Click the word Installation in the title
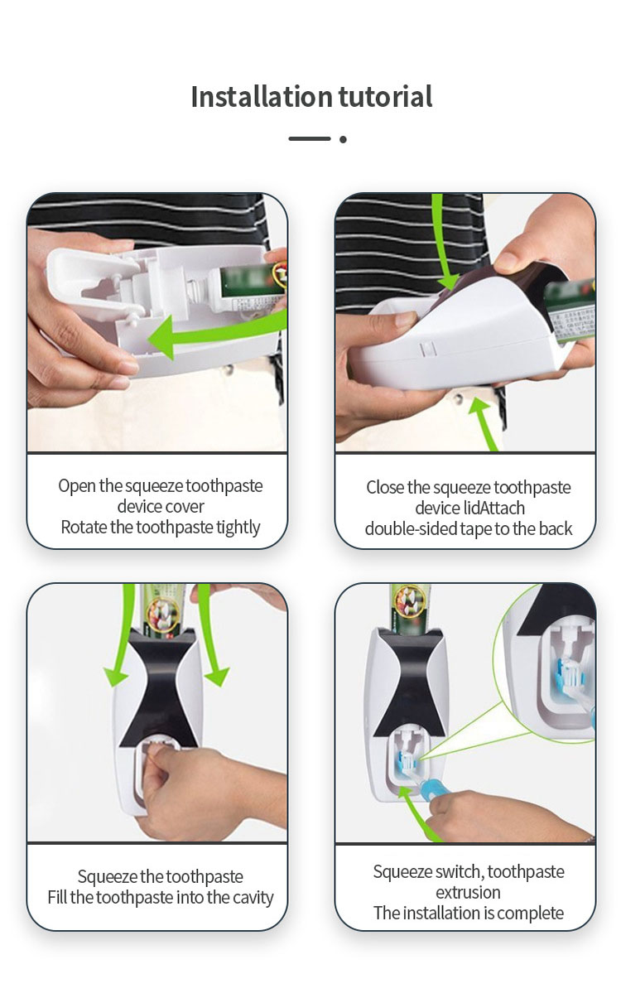[x=249, y=97]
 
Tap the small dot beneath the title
[x=343, y=139]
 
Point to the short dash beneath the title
[x=310, y=139]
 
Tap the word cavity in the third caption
[x=249, y=898]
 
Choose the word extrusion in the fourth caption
[x=469, y=893]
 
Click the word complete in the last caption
[x=532, y=914]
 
